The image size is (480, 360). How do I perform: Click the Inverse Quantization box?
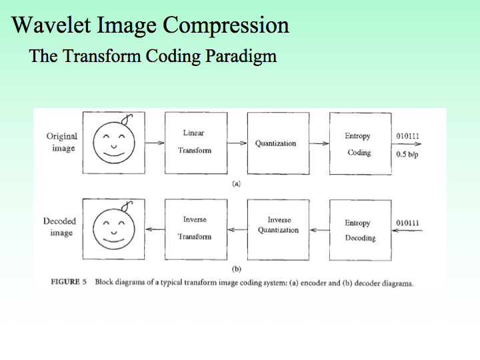[279, 229]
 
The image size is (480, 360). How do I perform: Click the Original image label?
[61, 141]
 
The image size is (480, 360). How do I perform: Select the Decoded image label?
[60, 227]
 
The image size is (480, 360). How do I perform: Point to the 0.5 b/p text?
[407, 153]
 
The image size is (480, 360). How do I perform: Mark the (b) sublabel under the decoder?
[236, 269]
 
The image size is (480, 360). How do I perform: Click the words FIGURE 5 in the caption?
[70, 282]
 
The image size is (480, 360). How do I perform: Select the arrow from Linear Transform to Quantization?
[237, 143]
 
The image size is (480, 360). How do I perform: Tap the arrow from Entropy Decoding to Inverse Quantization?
[319, 229]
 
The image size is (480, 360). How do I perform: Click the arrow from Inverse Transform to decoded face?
[155, 229]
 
